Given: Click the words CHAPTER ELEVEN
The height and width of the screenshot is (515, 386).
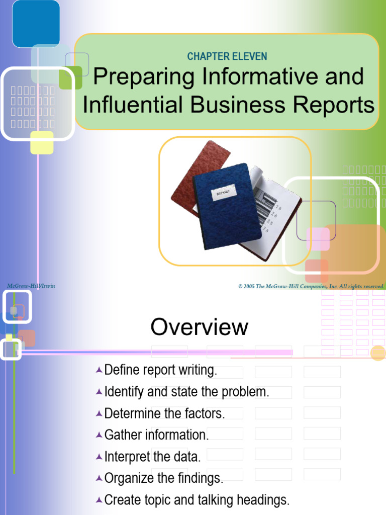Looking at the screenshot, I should (x=227, y=56).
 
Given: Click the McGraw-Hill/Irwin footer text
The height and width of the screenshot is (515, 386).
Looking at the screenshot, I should (x=31, y=286).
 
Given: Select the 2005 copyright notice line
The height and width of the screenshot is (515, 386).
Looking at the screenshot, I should (x=311, y=287).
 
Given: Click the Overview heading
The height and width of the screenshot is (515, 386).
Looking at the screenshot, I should (x=199, y=327).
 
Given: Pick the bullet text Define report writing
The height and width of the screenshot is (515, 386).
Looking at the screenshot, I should (x=161, y=371).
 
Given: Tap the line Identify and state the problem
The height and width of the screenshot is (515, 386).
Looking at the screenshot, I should (x=186, y=392).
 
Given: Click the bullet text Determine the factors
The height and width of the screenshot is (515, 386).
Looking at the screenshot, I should (x=164, y=414).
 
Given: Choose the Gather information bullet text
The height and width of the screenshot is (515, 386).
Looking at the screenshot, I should (x=156, y=435).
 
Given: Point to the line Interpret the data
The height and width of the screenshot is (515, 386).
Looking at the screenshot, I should (x=152, y=457).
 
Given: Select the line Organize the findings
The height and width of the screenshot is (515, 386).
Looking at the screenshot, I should (x=163, y=478).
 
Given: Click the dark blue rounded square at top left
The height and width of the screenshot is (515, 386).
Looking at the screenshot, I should (x=36, y=24).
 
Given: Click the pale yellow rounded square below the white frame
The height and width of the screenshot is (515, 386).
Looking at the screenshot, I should (x=42, y=142).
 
